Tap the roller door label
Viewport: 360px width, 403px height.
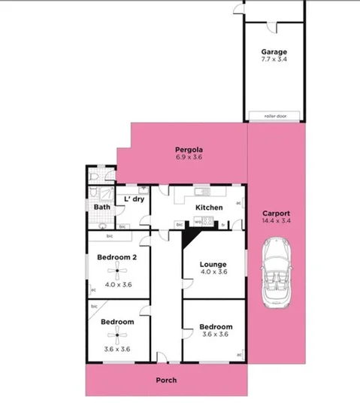click(274, 117)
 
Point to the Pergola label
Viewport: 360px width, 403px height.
click(189, 150)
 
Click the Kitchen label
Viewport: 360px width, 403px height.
click(208, 208)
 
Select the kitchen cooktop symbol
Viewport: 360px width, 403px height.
click(208, 222)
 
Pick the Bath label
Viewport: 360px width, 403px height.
click(102, 207)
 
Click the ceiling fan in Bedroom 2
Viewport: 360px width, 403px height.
click(118, 272)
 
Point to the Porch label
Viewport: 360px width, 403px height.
click(165, 380)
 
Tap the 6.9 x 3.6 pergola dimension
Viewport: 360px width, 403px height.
click(189, 158)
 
